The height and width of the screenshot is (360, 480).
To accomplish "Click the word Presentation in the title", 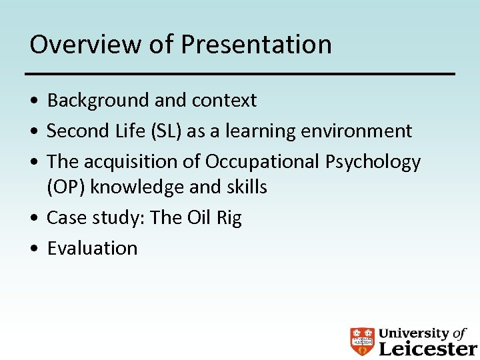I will pos(256,45).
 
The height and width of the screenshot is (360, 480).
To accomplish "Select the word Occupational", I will pos(262,162).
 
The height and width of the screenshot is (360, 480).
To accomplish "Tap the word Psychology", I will pos(373,162).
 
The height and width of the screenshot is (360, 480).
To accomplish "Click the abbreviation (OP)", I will pos(66,187).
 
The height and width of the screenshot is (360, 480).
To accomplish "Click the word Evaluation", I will pos(92,248).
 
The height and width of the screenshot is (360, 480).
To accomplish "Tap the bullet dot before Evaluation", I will pos(34,249).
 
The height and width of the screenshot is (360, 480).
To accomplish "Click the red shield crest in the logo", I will pos(363,340).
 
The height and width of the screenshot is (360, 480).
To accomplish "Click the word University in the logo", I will pos(414,333).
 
